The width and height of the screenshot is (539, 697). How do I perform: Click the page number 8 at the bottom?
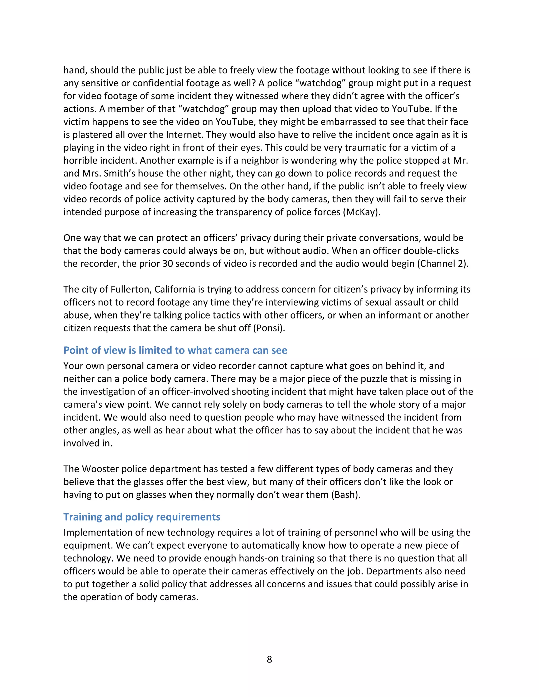pyautogui.click(x=269, y=659)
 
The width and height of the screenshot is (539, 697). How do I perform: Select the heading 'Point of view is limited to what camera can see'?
pyautogui.click(x=175, y=350)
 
